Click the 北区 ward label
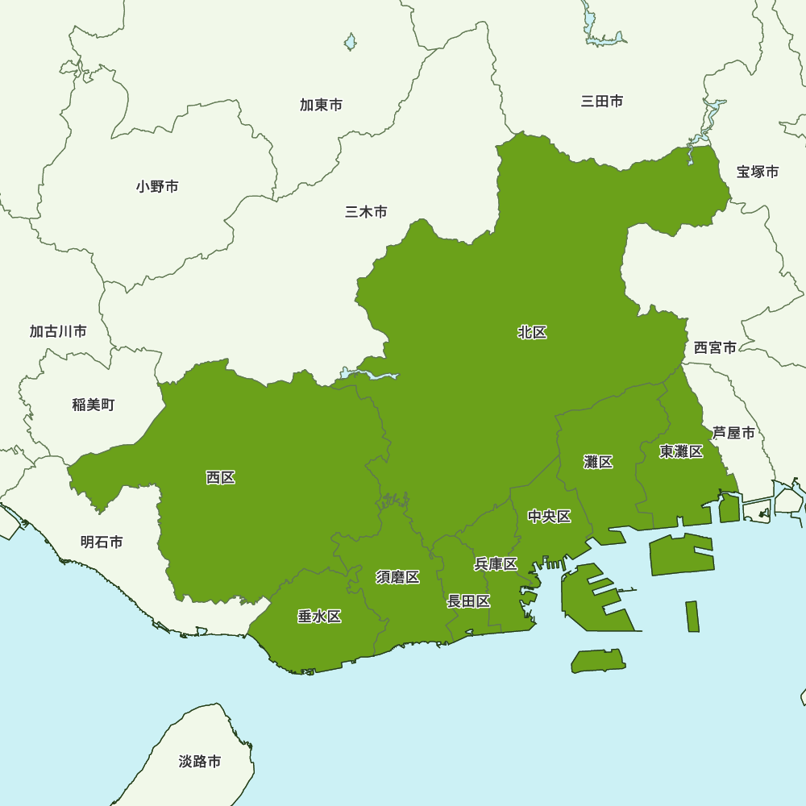(x=532, y=332)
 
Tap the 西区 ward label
(x=220, y=478)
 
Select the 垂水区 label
(x=319, y=617)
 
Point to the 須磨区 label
(x=397, y=577)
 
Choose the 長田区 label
(x=468, y=601)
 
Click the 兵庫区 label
(x=495, y=564)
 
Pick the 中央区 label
(x=549, y=517)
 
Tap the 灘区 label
(x=598, y=462)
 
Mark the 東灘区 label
(x=681, y=451)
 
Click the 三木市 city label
(x=366, y=212)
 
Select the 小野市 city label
(x=157, y=187)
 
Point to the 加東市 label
(x=321, y=105)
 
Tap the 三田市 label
(x=602, y=102)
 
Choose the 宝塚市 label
(x=758, y=172)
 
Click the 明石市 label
(x=102, y=542)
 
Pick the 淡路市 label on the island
(x=200, y=762)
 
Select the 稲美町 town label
(x=93, y=405)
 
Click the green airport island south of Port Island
(x=598, y=661)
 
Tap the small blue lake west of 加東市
(x=350, y=41)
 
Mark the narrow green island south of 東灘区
(x=692, y=617)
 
